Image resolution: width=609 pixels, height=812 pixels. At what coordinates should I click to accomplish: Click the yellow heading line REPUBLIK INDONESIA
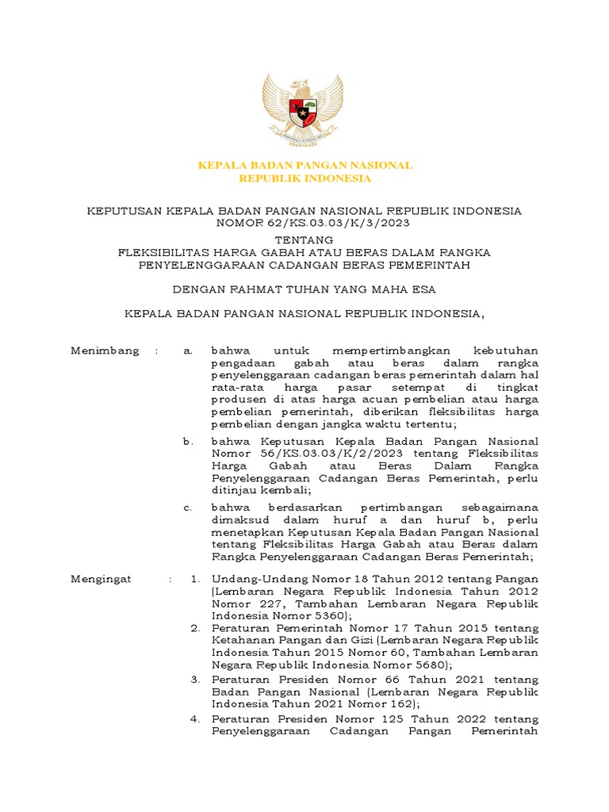click(x=304, y=178)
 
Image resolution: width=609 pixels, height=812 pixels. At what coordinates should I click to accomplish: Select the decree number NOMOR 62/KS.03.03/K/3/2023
click(x=304, y=223)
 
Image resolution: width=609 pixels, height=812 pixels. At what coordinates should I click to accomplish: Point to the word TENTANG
click(x=304, y=239)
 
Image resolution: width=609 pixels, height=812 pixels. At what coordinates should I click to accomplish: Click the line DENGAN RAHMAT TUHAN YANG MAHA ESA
click(x=304, y=289)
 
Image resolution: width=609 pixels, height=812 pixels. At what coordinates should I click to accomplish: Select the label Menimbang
click(x=105, y=350)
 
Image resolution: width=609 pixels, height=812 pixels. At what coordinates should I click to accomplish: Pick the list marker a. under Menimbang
click(x=188, y=350)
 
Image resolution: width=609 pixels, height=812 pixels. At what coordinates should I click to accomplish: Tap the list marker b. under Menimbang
click(x=188, y=441)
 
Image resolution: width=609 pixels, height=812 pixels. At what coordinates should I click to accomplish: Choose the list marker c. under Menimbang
click(x=188, y=507)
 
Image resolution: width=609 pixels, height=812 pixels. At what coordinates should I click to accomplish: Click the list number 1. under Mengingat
click(x=195, y=580)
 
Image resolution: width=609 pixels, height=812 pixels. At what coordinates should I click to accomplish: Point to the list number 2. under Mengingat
click(x=195, y=628)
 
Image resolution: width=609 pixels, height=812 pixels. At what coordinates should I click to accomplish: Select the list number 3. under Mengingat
click(x=195, y=680)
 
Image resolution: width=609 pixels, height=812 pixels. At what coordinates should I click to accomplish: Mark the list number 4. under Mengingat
click(x=195, y=719)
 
